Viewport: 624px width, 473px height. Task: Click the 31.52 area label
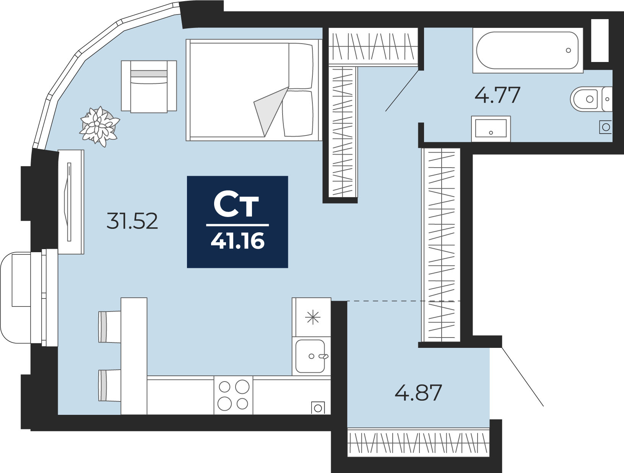click(x=132, y=221)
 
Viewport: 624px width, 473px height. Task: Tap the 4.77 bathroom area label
click(x=497, y=95)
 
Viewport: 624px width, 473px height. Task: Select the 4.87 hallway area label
click(x=418, y=393)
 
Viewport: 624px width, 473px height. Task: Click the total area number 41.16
click(x=238, y=241)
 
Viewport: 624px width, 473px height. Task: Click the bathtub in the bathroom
click(x=528, y=51)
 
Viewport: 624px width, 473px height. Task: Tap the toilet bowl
click(x=591, y=99)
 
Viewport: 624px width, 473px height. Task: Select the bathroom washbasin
click(x=491, y=129)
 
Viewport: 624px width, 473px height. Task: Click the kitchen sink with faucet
click(x=311, y=356)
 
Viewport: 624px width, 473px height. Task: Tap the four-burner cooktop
click(x=233, y=395)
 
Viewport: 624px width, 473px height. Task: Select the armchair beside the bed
click(x=149, y=87)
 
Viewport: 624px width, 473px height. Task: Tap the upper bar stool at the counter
click(x=109, y=327)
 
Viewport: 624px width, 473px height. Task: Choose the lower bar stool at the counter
click(x=109, y=385)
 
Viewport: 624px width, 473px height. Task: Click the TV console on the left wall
click(x=71, y=202)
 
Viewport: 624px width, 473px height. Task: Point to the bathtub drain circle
click(x=568, y=51)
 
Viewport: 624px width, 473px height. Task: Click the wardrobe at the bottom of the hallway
click(x=418, y=442)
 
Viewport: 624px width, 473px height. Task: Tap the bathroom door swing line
click(x=402, y=90)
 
